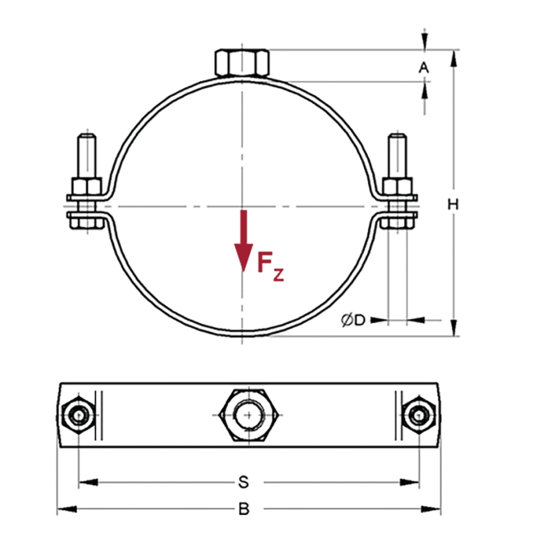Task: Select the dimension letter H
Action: click(x=453, y=205)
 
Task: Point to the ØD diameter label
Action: click(x=353, y=320)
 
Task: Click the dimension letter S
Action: click(x=244, y=480)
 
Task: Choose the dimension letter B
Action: click(x=244, y=510)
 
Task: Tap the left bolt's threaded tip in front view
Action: click(x=88, y=150)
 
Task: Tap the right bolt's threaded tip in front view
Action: click(x=397, y=150)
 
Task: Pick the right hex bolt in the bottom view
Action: click(x=418, y=416)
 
